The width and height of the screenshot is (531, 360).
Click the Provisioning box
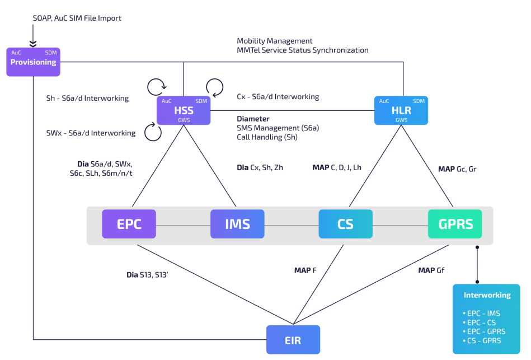(x=34, y=62)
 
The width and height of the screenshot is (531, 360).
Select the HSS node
(x=184, y=110)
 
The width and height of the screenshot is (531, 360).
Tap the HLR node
(x=401, y=110)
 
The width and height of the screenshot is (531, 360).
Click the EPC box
(x=129, y=224)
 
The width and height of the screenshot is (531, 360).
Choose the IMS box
(x=237, y=224)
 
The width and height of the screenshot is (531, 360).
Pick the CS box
(x=345, y=224)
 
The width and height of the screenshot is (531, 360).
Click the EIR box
(x=293, y=339)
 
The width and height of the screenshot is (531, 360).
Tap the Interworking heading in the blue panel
(x=487, y=295)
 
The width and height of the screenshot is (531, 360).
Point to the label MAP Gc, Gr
(x=457, y=169)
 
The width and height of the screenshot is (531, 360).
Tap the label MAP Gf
(x=431, y=270)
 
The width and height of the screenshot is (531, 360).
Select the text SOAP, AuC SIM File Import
(x=77, y=18)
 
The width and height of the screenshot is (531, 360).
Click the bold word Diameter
(x=253, y=119)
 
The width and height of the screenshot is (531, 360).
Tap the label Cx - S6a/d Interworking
(x=278, y=97)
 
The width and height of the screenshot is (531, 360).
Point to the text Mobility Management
(x=274, y=41)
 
